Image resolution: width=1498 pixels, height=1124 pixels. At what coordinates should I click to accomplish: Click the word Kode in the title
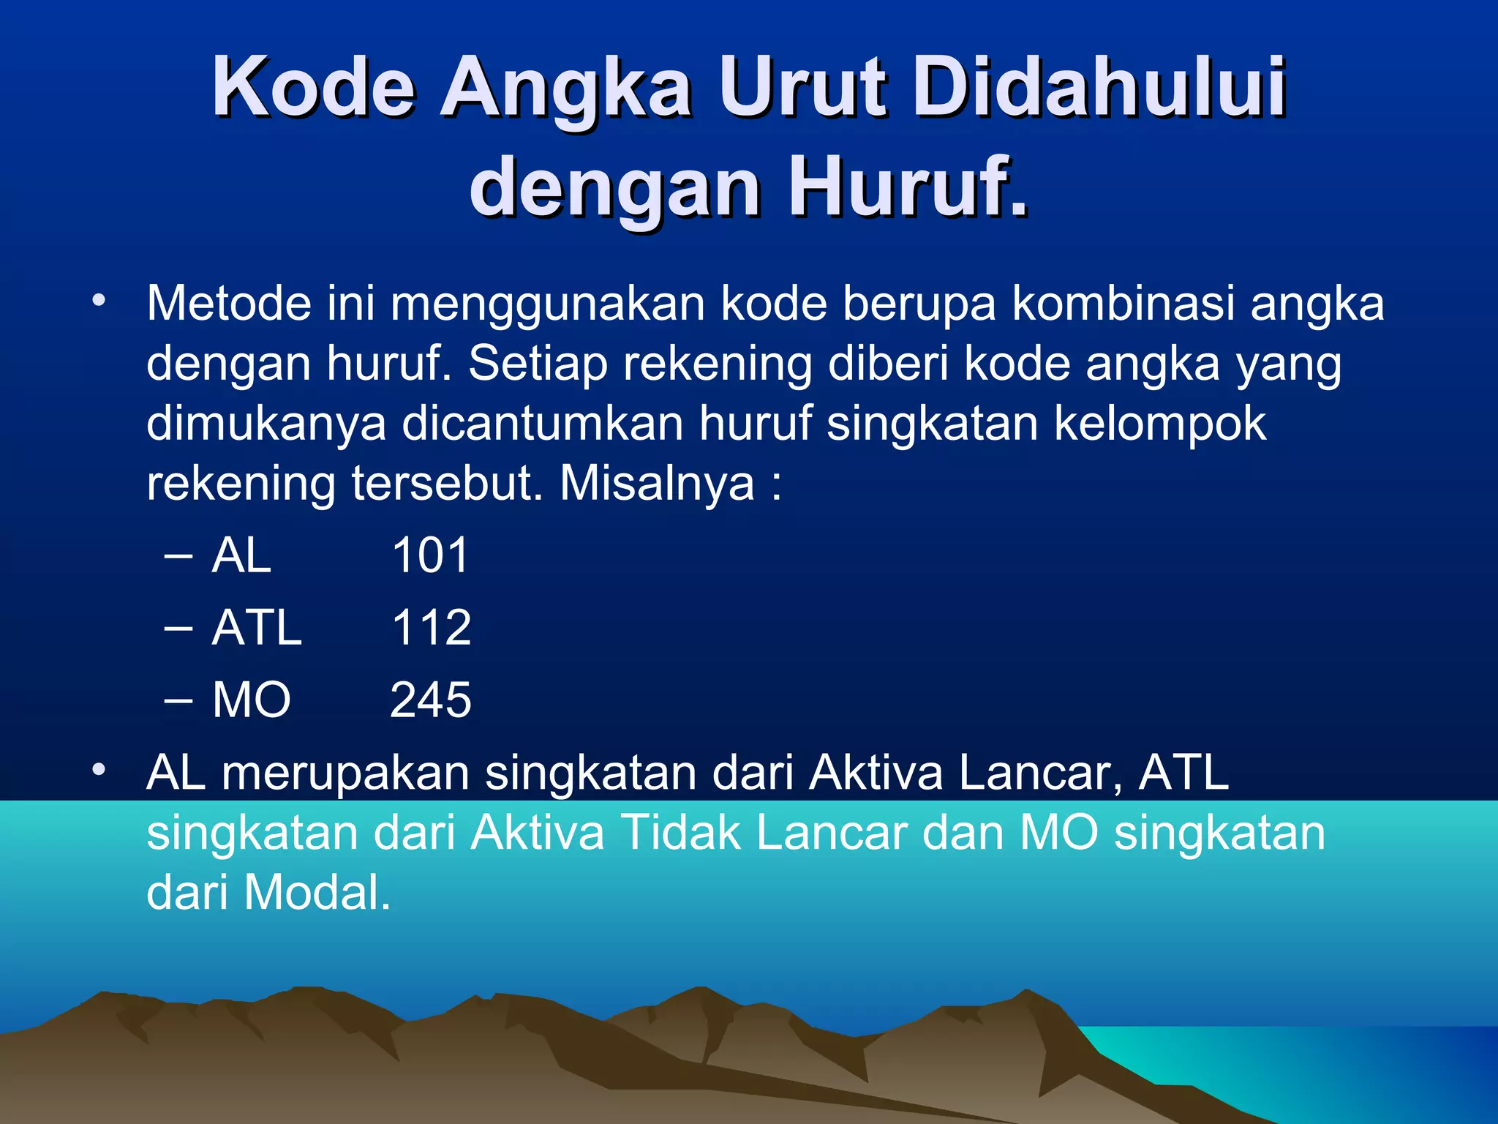pyautogui.click(x=314, y=87)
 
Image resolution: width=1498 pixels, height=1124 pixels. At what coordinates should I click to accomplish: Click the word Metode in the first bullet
pyautogui.click(x=229, y=303)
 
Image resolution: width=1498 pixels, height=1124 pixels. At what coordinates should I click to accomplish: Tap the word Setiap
pyautogui.click(x=538, y=364)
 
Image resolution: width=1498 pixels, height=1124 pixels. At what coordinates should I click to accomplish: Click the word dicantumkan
pyautogui.click(x=542, y=424)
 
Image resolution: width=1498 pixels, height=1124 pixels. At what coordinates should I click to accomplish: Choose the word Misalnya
pyautogui.click(x=657, y=484)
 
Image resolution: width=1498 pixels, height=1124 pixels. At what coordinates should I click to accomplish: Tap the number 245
pyautogui.click(x=430, y=700)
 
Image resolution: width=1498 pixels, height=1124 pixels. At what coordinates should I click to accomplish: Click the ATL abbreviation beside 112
pyautogui.click(x=257, y=627)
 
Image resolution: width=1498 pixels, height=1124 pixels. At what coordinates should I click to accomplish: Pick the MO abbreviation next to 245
pyautogui.click(x=252, y=700)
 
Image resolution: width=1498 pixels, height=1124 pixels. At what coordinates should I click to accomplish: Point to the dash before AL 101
pyautogui.click(x=178, y=556)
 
